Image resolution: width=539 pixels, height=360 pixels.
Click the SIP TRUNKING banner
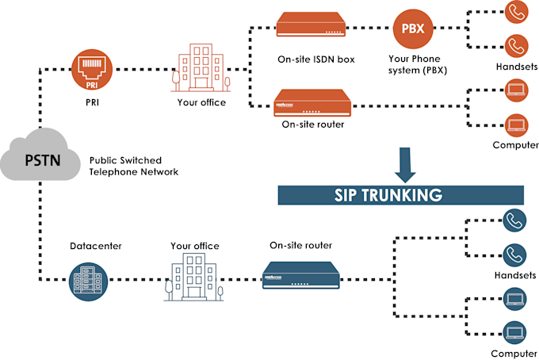pos(400,194)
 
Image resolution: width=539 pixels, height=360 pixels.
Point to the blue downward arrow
pos(407,163)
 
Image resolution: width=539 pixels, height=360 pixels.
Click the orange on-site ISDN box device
pos(312,26)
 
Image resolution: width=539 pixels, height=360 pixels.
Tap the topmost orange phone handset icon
pos(516,12)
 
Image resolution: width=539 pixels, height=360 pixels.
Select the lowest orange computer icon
pos(516,123)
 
